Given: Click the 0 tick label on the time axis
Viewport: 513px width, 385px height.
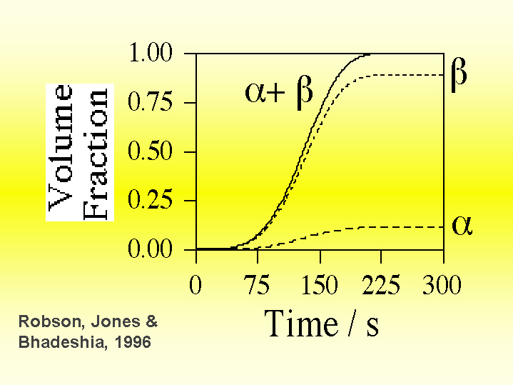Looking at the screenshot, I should pos(195,286).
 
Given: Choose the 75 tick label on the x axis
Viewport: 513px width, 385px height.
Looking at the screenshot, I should pos(258,286).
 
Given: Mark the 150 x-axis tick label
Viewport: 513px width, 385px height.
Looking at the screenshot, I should pos(320,286).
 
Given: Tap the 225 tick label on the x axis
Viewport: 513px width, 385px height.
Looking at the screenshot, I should pos(381,286).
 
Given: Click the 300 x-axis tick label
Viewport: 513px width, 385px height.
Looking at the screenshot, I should pos(442,286).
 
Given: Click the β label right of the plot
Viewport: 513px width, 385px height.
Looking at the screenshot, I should pos(459,76).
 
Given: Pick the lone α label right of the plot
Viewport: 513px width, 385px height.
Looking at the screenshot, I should pos(462,226).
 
